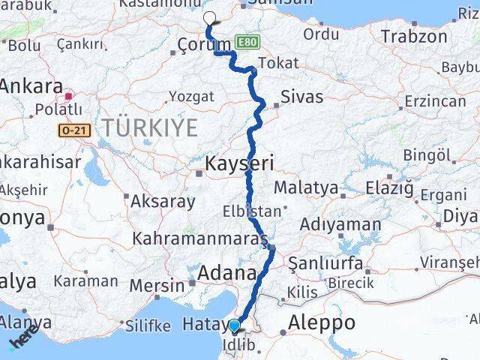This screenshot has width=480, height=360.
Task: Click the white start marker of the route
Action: tap(209, 19)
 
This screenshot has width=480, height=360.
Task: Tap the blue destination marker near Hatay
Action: tap(235, 325)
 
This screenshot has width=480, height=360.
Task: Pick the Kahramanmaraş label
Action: tap(199, 239)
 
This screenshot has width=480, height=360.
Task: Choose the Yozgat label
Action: tap(191, 96)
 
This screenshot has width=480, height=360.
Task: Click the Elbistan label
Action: tap(252, 212)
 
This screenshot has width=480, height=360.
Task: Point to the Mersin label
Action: tap(157, 286)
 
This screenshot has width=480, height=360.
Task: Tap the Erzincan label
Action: tap(434, 101)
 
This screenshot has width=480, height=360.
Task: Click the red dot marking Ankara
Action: tap(68, 95)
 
